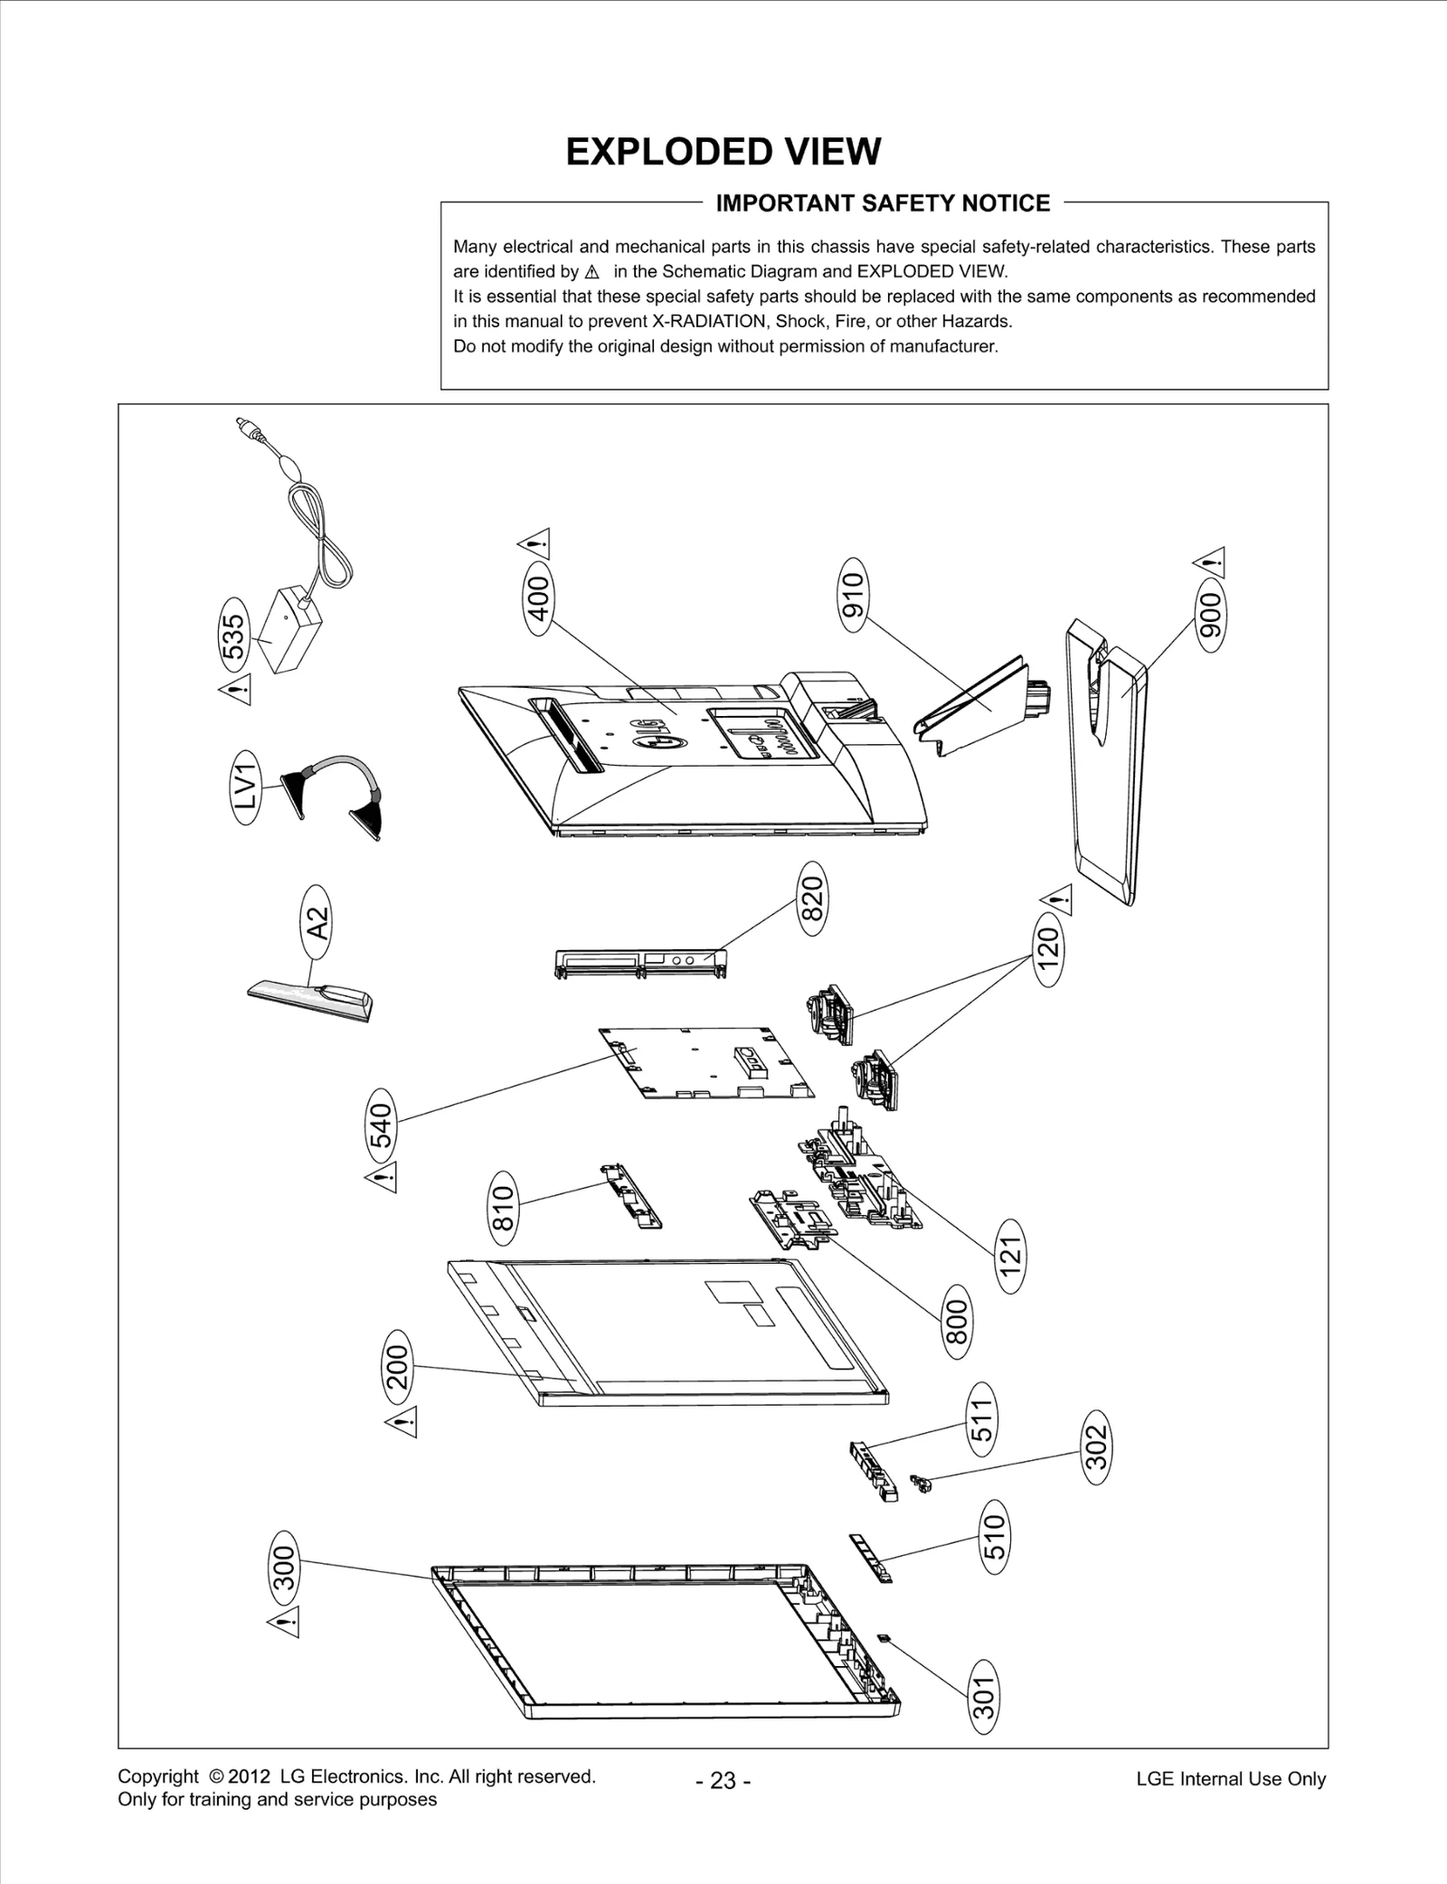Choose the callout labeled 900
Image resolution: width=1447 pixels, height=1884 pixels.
click(1209, 616)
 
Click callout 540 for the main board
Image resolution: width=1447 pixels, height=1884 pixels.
click(382, 1125)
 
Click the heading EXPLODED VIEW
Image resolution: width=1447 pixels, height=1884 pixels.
click(723, 152)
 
